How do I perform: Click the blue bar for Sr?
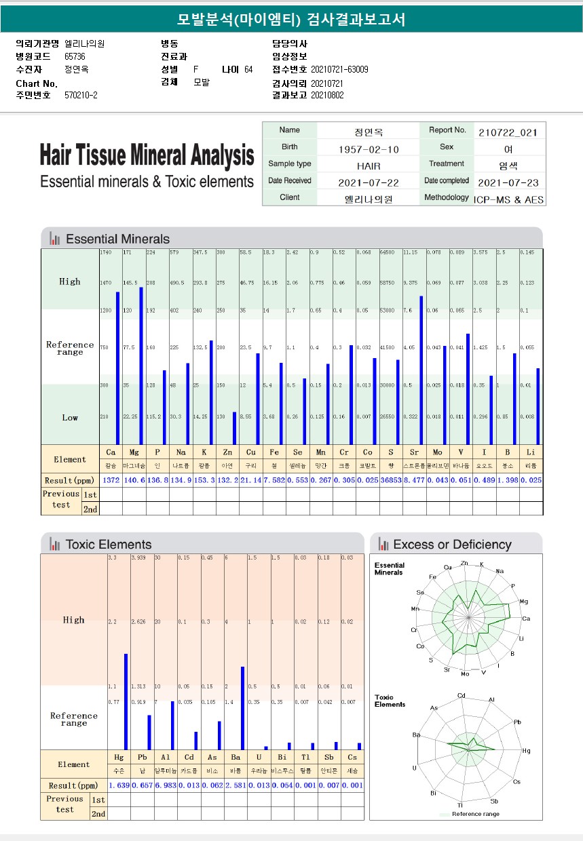(421, 370)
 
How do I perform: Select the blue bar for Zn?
(235, 428)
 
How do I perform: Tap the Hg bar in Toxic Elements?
(126, 701)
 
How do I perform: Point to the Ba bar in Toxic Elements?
(242, 708)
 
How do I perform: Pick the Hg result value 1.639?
(119, 785)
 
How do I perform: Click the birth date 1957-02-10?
(369, 149)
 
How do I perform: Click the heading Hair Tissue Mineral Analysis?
(147, 155)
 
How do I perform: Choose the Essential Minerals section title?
(117, 239)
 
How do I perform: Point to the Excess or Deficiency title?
(452, 544)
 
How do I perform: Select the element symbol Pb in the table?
(142, 757)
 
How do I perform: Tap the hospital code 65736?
(75, 56)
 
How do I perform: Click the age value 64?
(248, 69)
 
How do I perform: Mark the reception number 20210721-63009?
(339, 69)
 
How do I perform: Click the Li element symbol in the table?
(531, 452)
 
